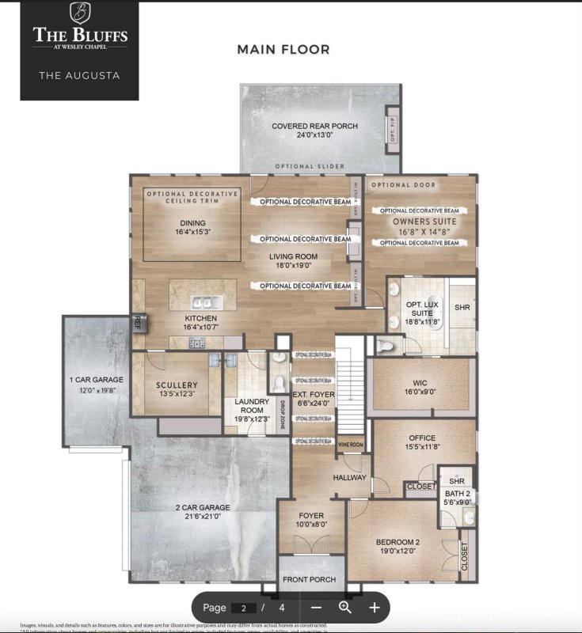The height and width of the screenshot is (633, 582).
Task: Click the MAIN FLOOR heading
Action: tap(283, 50)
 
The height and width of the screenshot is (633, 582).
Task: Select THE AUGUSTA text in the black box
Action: tap(79, 76)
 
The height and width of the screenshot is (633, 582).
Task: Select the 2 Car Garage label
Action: tap(203, 512)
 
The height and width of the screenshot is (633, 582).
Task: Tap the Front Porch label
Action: tap(310, 579)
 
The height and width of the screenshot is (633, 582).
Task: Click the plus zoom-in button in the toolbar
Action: tap(375, 608)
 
